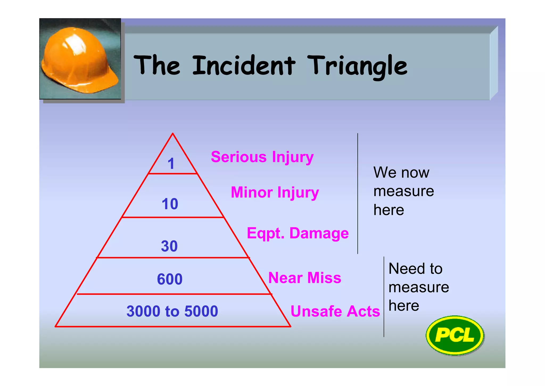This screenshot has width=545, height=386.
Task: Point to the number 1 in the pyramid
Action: pos(171,163)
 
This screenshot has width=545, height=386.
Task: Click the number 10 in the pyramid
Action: pos(170,204)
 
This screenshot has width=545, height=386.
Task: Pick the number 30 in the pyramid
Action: pos(169,246)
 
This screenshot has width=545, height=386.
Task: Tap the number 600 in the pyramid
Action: pos(170,279)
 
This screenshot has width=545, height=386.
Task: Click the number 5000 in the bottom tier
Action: pos(201,311)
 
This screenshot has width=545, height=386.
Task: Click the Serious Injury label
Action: pos(262,157)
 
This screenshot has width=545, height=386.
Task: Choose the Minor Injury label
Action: pos(275,192)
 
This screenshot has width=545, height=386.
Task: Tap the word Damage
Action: pos(319,233)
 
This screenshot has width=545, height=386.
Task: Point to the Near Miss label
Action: pos(305,278)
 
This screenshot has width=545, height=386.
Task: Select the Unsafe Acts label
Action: pos(335,311)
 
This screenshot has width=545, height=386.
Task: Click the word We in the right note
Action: pos(382,173)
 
